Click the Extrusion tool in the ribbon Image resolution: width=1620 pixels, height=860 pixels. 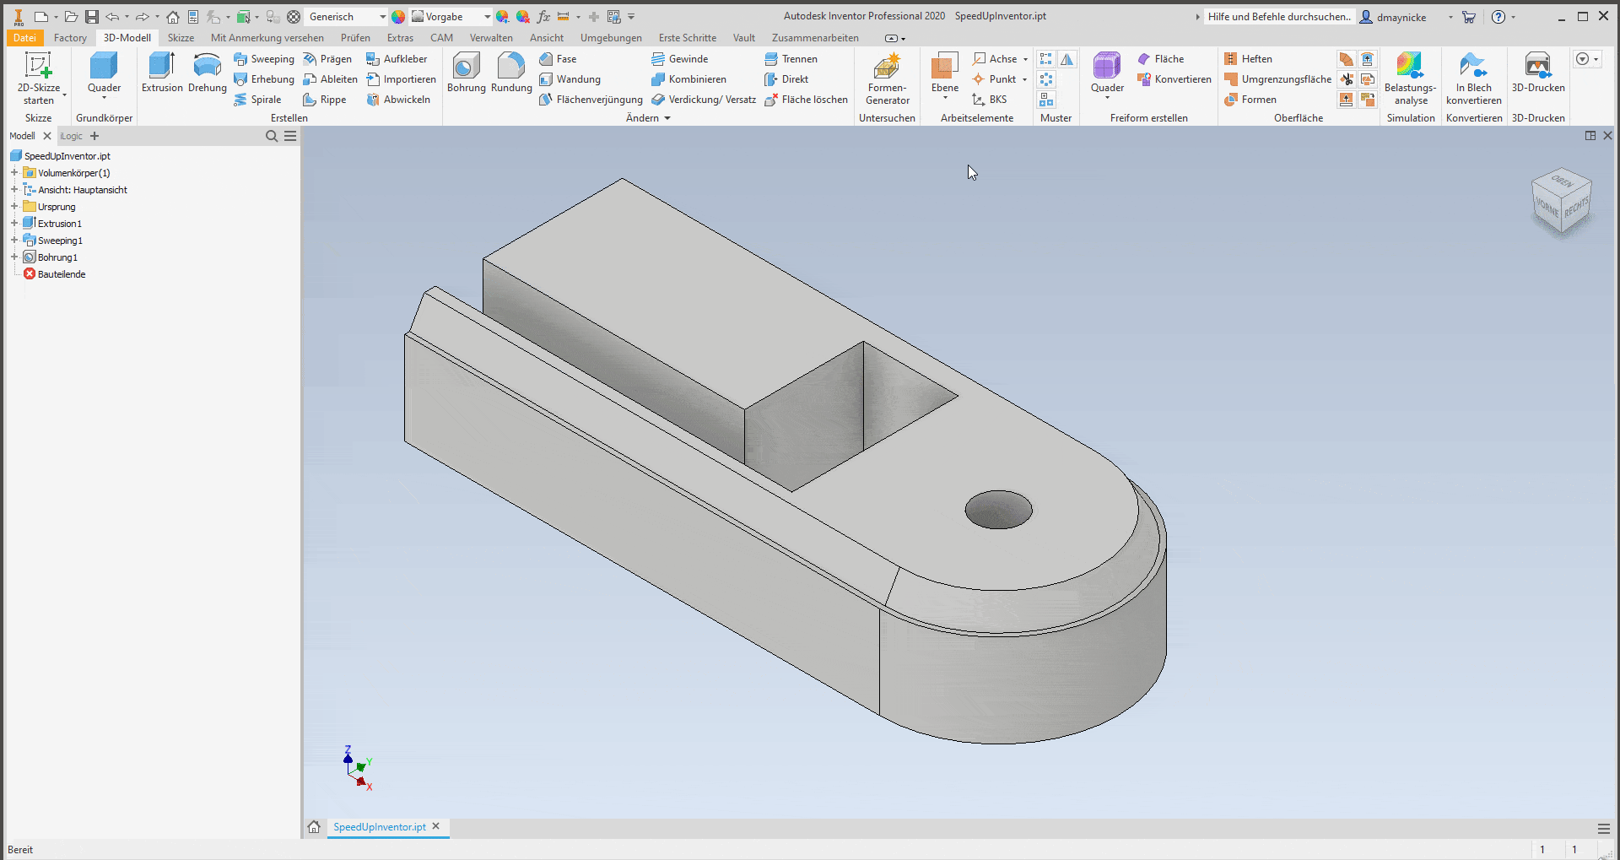(161, 73)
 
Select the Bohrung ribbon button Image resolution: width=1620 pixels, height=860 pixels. (466, 73)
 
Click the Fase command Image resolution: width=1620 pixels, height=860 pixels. (565, 59)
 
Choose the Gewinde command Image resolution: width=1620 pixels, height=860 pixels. (687, 59)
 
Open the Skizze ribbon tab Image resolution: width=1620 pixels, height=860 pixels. (181, 38)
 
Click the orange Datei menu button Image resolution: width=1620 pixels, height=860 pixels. (24, 38)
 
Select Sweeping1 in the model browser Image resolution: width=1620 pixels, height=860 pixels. (60, 241)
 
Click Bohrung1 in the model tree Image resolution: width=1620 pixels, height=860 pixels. (57, 257)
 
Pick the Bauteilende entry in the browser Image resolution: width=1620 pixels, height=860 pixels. (61, 274)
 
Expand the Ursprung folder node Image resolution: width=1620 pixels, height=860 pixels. (14, 207)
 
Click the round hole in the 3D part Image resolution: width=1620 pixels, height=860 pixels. (998, 510)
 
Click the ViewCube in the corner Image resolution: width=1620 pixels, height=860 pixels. (1561, 203)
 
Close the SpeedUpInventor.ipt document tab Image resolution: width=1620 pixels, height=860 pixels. (436, 826)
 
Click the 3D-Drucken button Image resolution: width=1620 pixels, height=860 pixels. (1537, 73)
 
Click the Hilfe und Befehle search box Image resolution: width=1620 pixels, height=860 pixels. (1277, 17)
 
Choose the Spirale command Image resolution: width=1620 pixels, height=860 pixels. (265, 100)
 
